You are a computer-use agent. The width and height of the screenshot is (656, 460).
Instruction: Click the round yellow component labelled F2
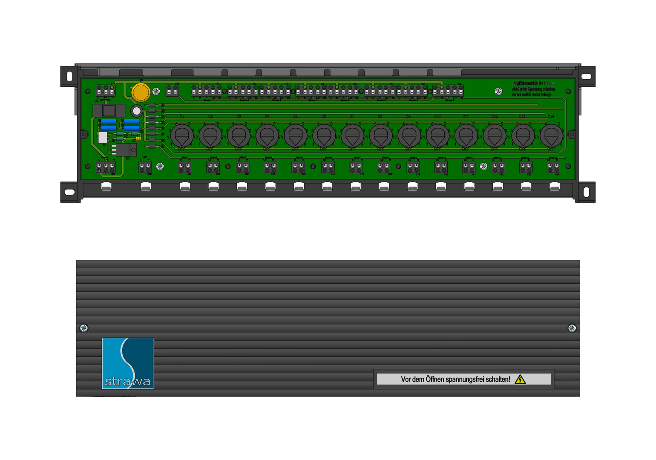[141, 92]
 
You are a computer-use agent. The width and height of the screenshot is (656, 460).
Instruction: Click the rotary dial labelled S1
[182, 135]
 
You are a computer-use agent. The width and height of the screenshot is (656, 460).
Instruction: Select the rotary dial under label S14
[551, 135]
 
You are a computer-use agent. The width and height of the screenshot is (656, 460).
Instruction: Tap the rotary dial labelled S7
[352, 135]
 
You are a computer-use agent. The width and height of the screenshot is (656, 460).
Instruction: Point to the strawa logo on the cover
[128, 363]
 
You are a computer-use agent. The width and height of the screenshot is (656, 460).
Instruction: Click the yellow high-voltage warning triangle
[520, 379]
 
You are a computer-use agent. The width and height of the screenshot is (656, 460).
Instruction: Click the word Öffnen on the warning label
[435, 379]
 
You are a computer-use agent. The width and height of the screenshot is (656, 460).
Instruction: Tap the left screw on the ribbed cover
[84, 328]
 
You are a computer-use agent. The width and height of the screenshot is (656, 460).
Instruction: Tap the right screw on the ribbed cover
[572, 328]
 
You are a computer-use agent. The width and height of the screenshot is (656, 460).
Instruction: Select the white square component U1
[103, 137]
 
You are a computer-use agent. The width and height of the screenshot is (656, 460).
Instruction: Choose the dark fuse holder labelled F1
[109, 111]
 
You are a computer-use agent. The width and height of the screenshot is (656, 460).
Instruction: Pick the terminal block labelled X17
[106, 91]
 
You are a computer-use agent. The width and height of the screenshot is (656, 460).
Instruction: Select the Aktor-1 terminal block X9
[184, 167]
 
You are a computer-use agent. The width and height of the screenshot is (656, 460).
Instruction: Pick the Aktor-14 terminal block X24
[553, 167]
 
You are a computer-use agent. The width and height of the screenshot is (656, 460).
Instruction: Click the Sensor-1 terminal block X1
[207, 91]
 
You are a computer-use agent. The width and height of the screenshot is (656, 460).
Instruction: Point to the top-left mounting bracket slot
[70, 77]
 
